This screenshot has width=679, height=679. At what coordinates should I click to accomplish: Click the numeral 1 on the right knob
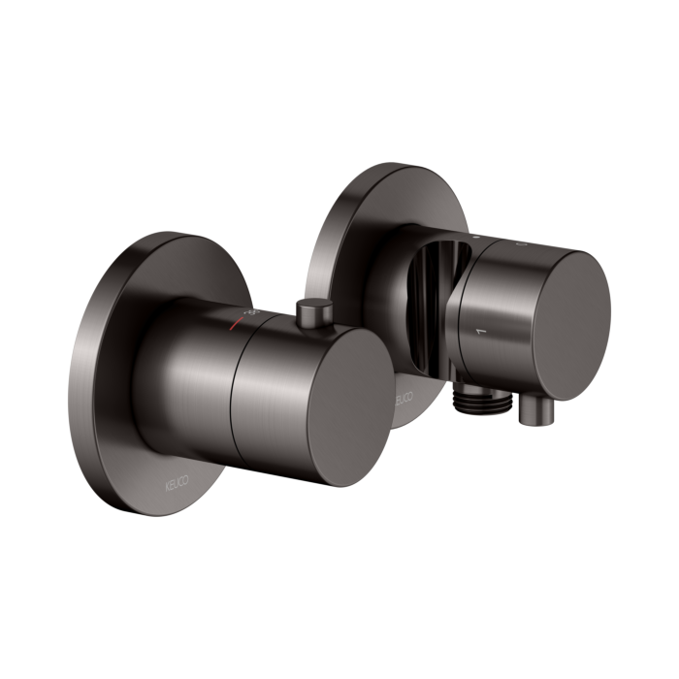click(x=475, y=332)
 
